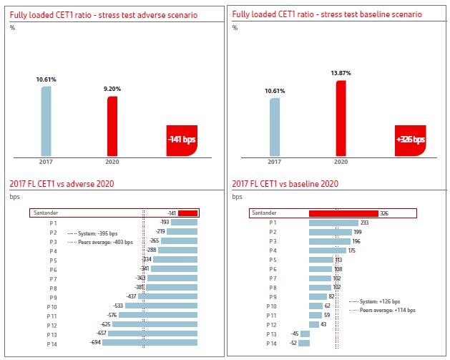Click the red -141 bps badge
[181, 140]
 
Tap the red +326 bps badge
[409, 140]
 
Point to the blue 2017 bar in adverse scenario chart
[46, 120]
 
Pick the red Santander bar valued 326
[343, 213]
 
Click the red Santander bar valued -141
[187, 213]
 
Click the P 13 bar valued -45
[305, 334]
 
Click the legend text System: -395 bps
[94, 233]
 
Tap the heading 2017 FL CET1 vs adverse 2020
[62, 184]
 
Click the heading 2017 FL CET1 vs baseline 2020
[284, 184]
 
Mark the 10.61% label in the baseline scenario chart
[274, 91]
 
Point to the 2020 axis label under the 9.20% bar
[112, 162]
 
